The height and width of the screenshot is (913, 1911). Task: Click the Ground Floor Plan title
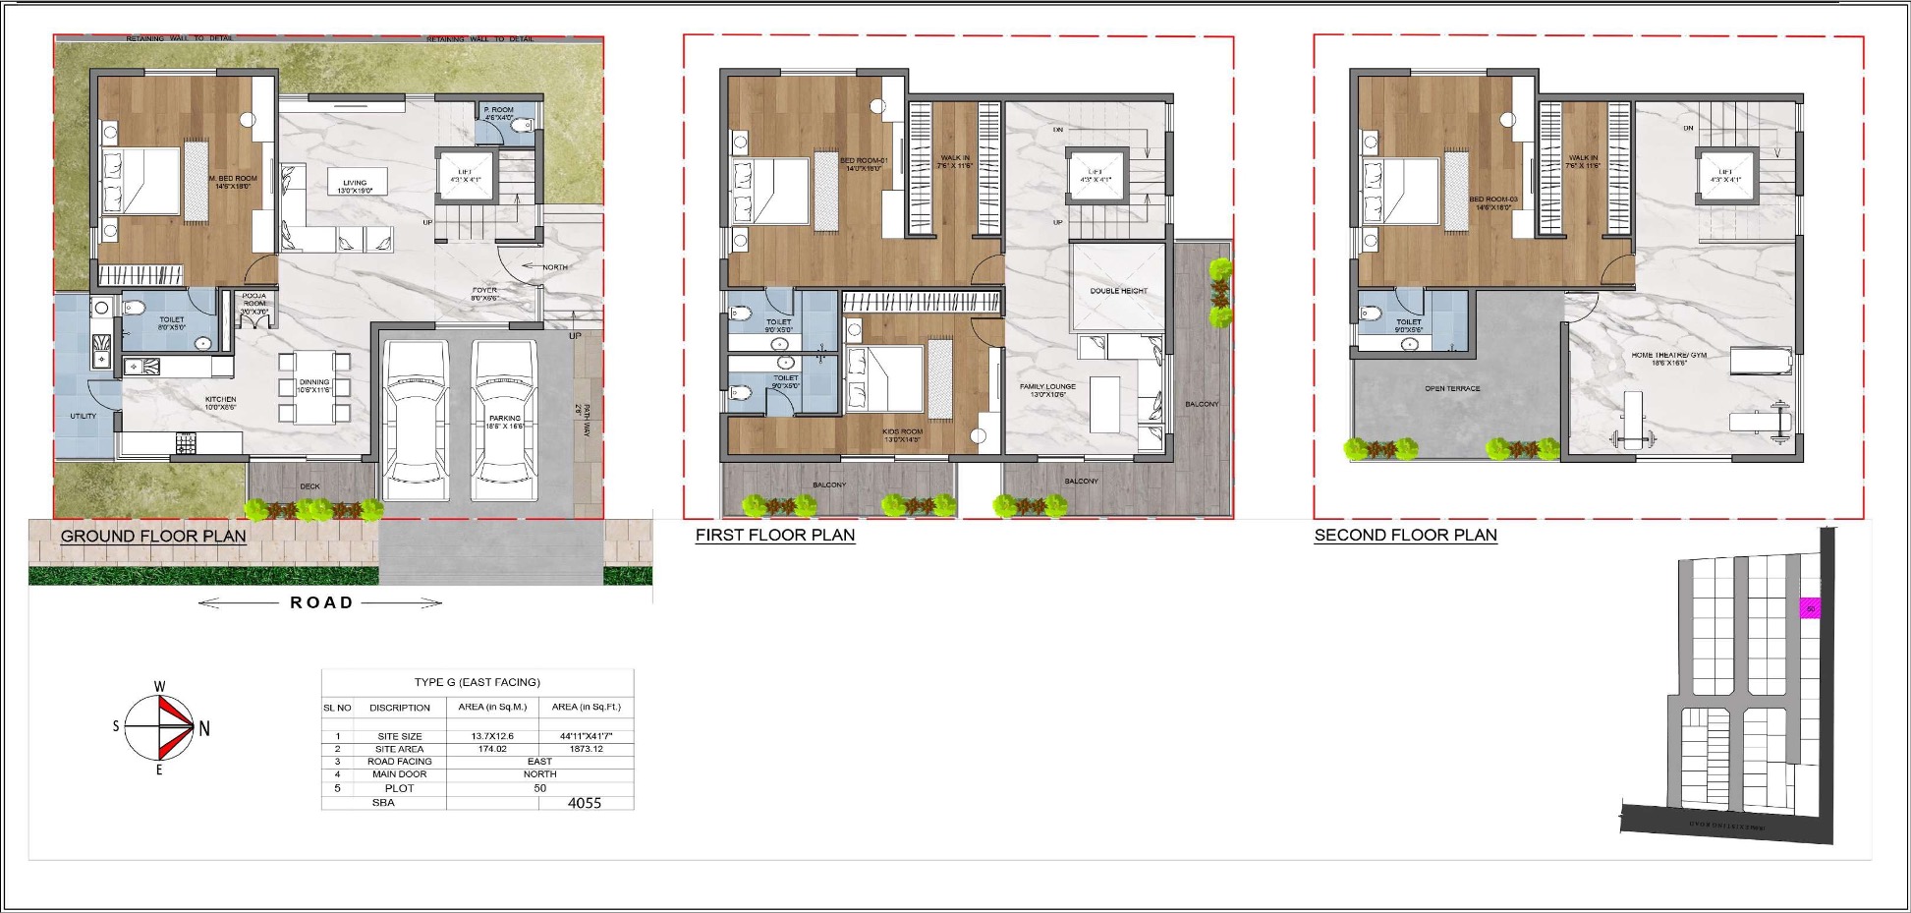coord(153,537)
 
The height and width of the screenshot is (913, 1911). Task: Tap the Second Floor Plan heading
coord(1405,536)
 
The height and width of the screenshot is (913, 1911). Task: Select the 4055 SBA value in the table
coord(585,803)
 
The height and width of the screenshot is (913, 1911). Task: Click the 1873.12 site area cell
coord(586,749)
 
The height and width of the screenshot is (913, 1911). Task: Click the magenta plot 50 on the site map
coord(1810,609)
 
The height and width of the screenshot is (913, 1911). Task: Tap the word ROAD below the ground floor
coord(321,602)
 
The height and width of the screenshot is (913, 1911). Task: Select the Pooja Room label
coord(254,303)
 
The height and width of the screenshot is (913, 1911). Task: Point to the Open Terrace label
coord(1452,389)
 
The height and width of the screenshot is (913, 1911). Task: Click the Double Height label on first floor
coord(1118,291)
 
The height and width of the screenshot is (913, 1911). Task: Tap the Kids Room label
coord(903,433)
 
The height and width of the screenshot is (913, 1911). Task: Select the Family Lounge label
coord(1047,389)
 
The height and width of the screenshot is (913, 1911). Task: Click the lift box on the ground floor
coord(465,176)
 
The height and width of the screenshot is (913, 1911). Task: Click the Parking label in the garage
coord(505,422)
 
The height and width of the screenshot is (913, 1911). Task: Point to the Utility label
coord(84,416)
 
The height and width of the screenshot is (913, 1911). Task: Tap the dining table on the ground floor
coord(314,387)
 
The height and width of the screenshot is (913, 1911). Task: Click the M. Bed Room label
coord(232,182)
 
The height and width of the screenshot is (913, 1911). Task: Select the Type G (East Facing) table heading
coord(478,682)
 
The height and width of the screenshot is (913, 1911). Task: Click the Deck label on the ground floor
coord(309,486)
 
